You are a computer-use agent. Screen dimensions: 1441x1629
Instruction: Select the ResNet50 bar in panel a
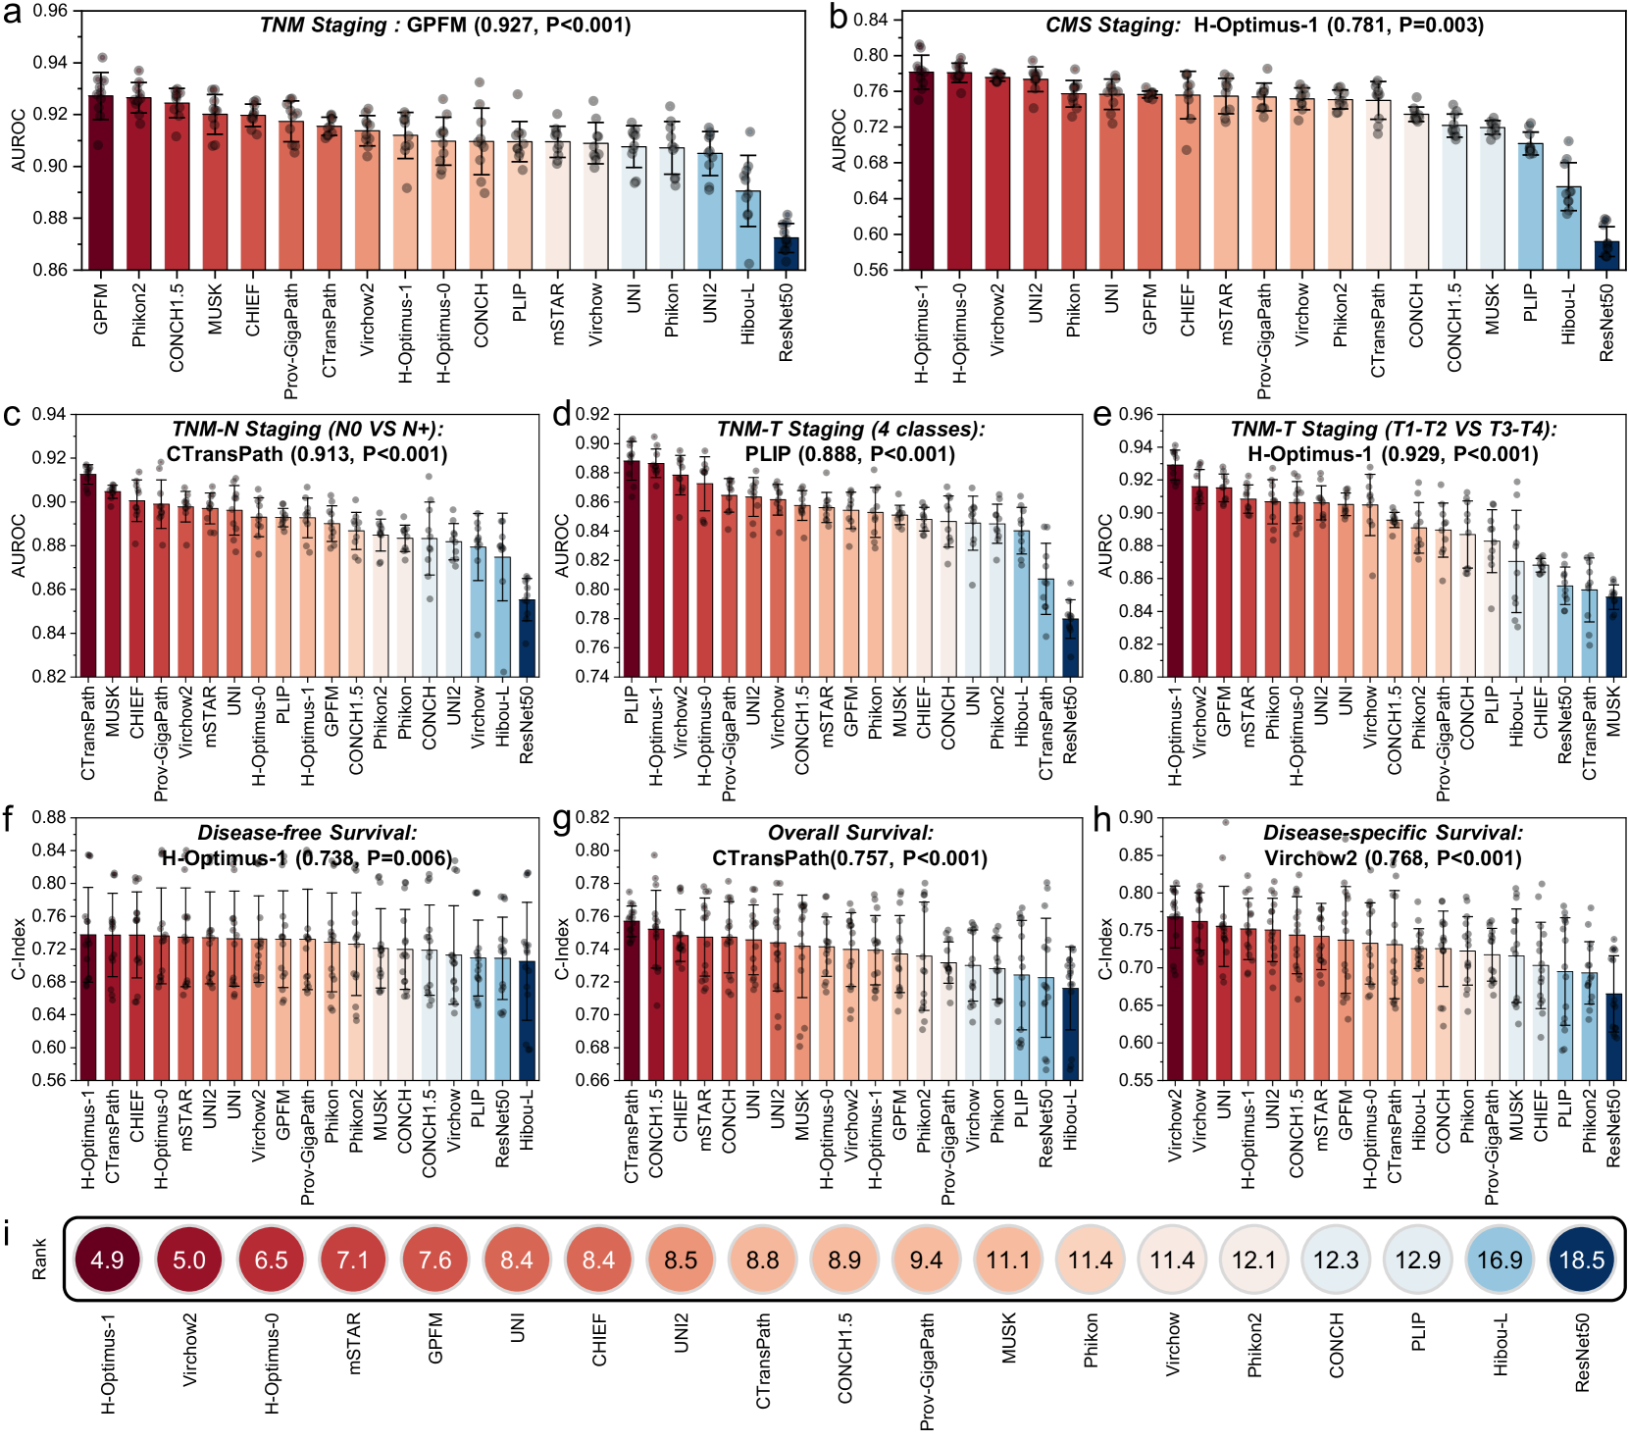tap(786, 253)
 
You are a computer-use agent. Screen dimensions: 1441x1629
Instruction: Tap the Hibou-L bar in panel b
tap(1568, 228)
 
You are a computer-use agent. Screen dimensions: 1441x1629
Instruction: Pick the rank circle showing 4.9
tap(107, 1260)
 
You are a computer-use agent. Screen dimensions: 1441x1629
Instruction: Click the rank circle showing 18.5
tap(1581, 1260)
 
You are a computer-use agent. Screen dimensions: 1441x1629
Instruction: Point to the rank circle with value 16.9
tap(1500, 1260)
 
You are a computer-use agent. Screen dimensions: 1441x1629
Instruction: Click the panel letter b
tap(839, 17)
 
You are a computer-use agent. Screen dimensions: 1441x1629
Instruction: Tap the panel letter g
tap(562, 818)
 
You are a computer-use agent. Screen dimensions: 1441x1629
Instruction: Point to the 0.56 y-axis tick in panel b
tap(870, 270)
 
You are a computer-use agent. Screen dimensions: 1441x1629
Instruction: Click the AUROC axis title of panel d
tap(562, 545)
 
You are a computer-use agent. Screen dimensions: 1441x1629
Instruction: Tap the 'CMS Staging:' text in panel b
tap(1112, 25)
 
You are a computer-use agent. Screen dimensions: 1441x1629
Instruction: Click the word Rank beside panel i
tap(39, 1259)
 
